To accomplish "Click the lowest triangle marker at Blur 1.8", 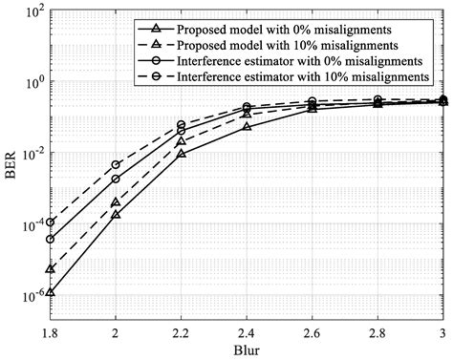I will click(50, 292).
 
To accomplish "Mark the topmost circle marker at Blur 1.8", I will click(50, 222).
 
